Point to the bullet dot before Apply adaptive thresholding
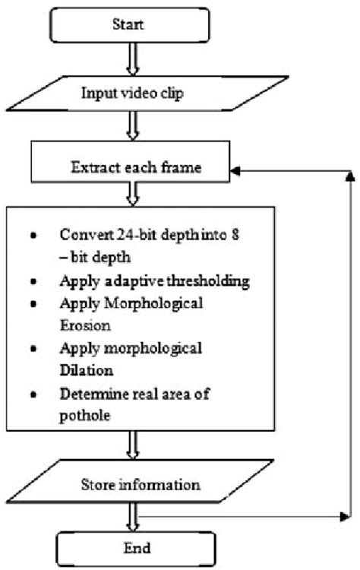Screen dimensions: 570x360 pyautogui.click(x=31, y=281)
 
